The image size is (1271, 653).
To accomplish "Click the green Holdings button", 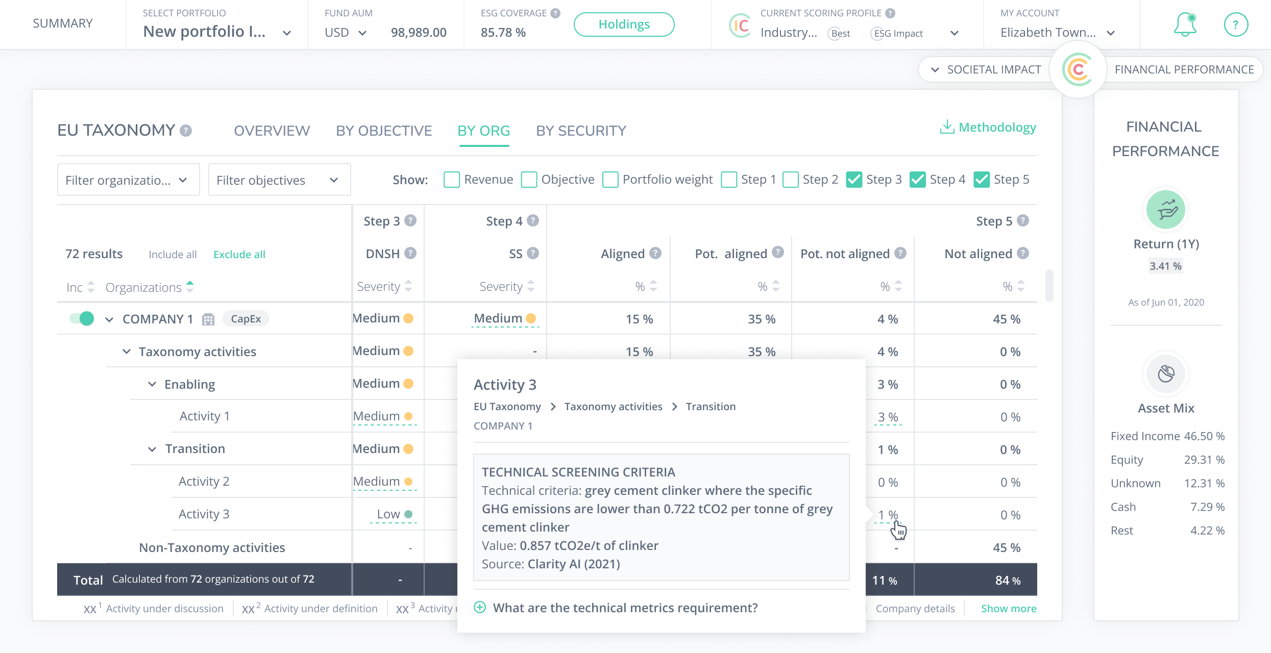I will click(x=624, y=24).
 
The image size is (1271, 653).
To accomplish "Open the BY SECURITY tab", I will click(x=581, y=131).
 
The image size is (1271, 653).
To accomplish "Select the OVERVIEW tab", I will click(x=272, y=131).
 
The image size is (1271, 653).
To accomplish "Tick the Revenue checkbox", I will click(x=452, y=180).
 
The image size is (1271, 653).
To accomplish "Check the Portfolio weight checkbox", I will click(x=610, y=180).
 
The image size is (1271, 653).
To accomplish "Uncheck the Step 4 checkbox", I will click(x=918, y=180).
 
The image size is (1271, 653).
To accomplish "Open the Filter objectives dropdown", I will click(x=279, y=180).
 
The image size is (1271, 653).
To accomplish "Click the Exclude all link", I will click(x=239, y=254).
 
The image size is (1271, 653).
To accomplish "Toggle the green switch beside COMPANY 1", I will click(x=82, y=319).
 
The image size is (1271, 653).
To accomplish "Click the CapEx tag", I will click(x=246, y=319).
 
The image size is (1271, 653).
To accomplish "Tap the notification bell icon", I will click(x=1185, y=24).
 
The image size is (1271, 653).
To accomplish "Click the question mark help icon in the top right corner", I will click(x=1236, y=24).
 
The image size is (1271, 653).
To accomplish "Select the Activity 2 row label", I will click(x=204, y=481).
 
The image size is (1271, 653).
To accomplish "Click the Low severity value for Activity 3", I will click(x=388, y=514).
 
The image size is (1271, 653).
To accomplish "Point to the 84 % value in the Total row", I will click(x=1008, y=580).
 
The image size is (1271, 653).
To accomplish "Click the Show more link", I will click(x=1009, y=608).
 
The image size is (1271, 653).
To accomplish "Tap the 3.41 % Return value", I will click(x=1165, y=266).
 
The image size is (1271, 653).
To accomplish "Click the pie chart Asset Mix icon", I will click(x=1166, y=374).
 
